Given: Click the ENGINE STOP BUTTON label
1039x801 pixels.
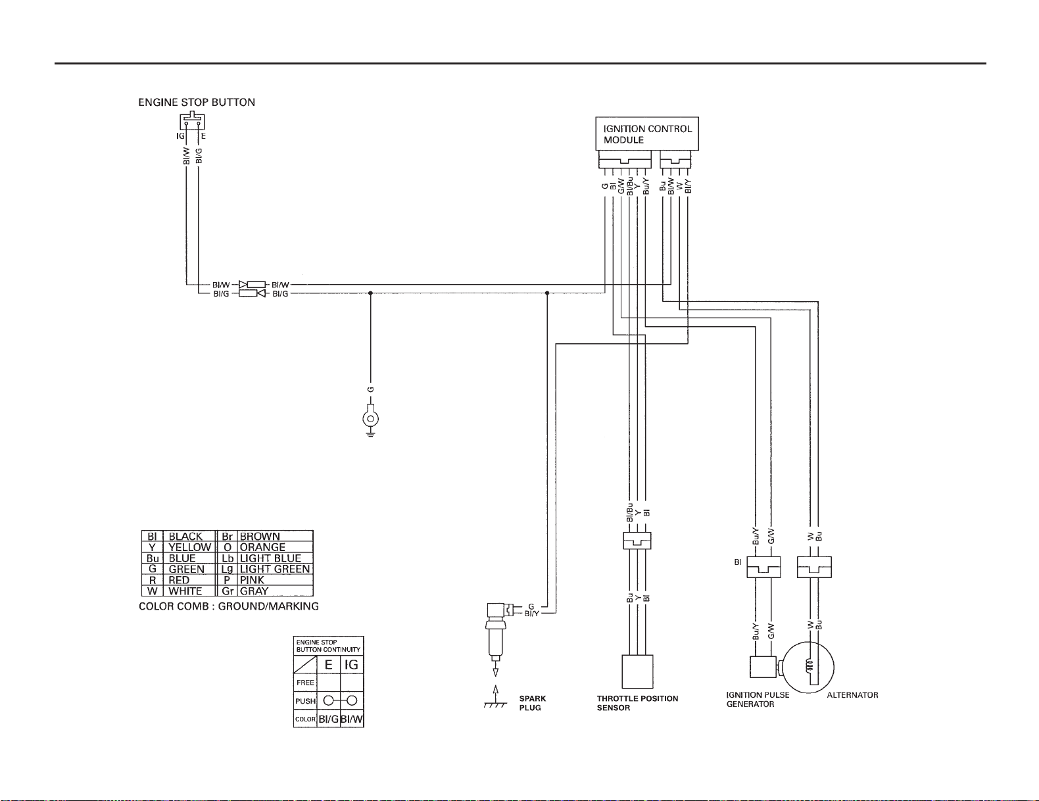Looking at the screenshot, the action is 197,103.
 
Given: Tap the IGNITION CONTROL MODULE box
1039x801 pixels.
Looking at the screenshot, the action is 647,134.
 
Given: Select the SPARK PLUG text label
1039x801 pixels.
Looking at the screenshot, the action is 532,703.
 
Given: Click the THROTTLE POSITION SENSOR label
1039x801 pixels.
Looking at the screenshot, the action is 637,703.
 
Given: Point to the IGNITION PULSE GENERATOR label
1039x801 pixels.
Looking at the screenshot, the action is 758,700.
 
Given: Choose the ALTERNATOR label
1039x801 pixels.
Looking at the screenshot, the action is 852,695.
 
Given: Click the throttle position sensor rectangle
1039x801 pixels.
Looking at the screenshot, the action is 637,671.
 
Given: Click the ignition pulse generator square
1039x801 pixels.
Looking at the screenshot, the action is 763,667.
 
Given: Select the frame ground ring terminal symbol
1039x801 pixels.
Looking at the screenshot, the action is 371,420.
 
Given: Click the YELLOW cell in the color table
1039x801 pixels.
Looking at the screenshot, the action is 189,547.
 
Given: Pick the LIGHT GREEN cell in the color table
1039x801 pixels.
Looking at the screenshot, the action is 274,569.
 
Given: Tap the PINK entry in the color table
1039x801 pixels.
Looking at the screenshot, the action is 252,580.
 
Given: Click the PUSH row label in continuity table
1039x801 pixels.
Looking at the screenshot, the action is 305,701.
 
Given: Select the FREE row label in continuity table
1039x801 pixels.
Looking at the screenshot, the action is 305,683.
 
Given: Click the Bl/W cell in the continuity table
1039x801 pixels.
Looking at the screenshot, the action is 352,719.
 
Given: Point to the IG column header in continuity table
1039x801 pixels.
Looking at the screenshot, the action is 351,665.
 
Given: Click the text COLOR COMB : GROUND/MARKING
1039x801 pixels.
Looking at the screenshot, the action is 229,606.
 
